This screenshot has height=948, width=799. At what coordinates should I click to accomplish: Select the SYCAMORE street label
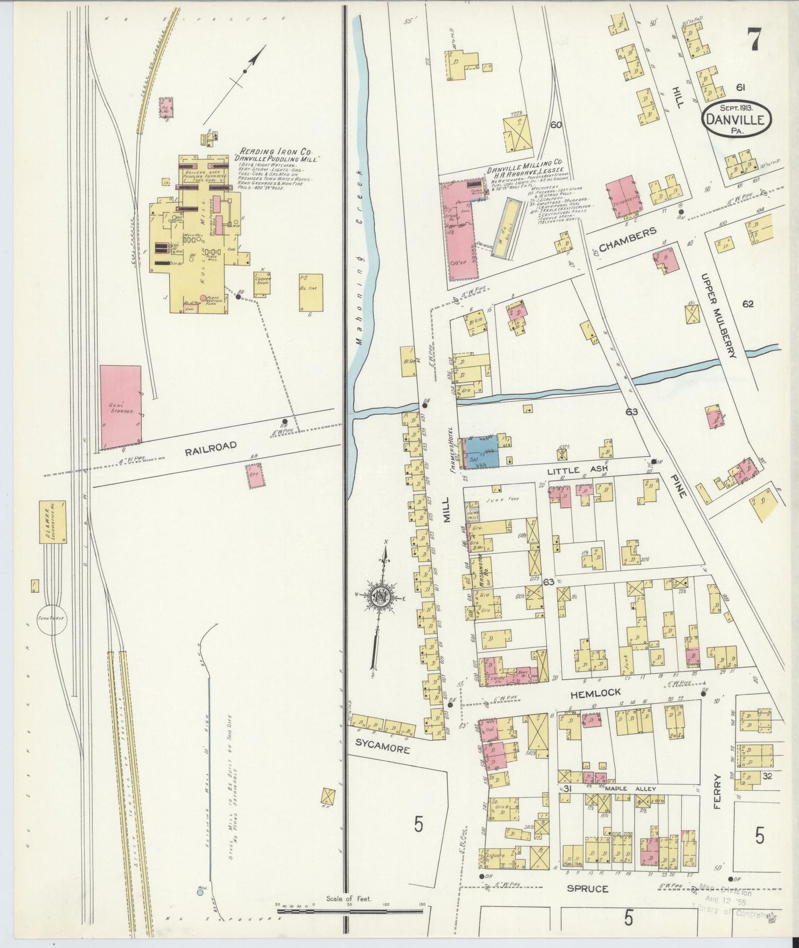tap(387, 750)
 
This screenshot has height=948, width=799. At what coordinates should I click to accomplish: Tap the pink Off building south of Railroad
tap(255, 475)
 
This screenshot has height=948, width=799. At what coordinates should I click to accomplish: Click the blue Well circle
tap(200, 892)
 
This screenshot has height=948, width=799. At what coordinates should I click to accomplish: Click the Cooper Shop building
tap(262, 281)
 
